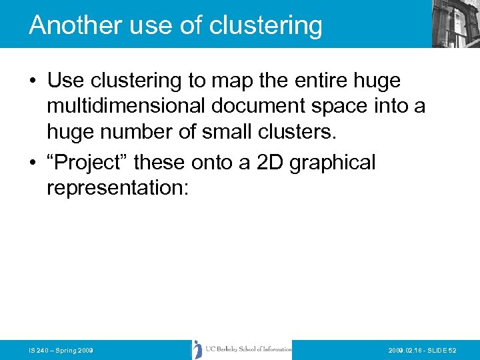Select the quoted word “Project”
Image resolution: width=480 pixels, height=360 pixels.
click(87, 163)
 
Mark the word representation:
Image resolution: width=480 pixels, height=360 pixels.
click(118, 188)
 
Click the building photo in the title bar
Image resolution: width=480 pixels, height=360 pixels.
click(455, 24)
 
